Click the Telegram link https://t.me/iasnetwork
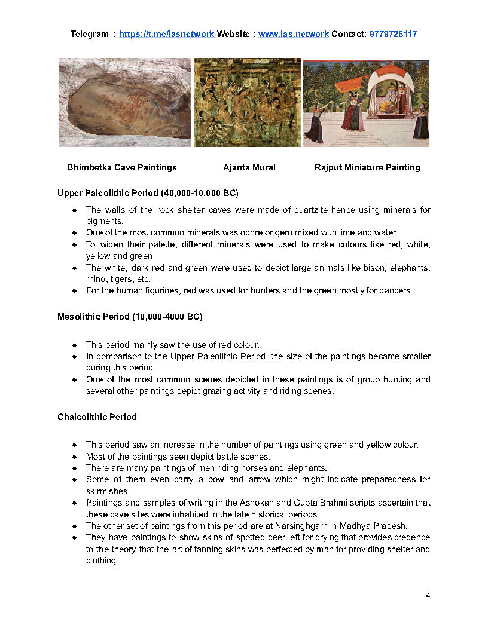pyautogui.click(x=166, y=34)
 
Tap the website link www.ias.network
pyautogui.click(x=293, y=34)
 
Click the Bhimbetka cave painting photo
pyautogui.click(x=124, y=103)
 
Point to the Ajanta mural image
pyautogui.click(x=247, y=102)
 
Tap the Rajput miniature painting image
pyautogui.click(x=366, y=103)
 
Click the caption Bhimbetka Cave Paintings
pyautogui.click(x=122, y=167)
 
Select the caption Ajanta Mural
pyautogui.click(x=249, y=167)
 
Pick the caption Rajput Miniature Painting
pyautogui.click(x=367, y=167)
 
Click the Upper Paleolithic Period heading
pyautogui.click(x=148, y=193)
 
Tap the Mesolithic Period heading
pyautogui.click(x=130, y=317)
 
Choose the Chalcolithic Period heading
pyautogui.click(x=97, y=417)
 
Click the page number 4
pyautogui.click(x=428, y=596)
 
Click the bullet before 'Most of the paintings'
pyautogui.click(x=74, y=457)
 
